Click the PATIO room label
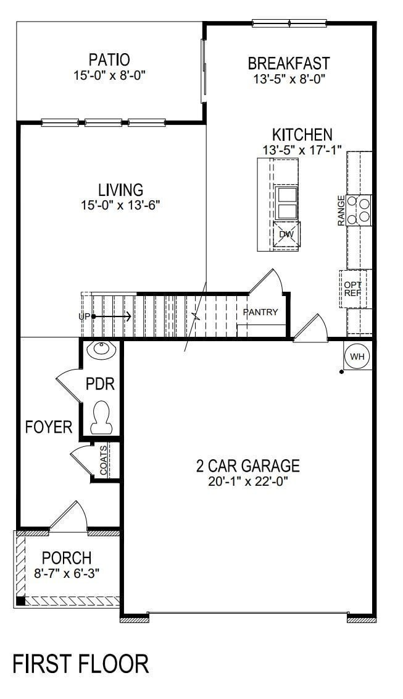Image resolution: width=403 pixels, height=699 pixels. pos(109,60)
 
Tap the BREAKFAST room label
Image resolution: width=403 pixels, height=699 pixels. pos(288,64)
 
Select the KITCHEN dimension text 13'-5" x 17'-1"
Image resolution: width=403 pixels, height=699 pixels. pos(302,150)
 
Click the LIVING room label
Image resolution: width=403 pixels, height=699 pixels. pos(120,190)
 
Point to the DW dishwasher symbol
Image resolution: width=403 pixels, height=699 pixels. pos(286,234)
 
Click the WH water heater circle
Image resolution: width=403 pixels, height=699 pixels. pos(357,357)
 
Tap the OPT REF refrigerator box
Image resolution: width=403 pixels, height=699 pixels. pos(353,289)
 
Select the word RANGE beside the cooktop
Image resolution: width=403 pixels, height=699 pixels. pos(341,210)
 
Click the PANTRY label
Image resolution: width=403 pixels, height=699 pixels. pos(260,312)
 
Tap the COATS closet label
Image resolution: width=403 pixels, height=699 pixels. pos(103,460)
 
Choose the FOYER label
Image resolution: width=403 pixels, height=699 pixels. pos(49,426)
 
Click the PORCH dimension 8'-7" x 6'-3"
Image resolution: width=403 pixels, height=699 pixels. pos(67,573)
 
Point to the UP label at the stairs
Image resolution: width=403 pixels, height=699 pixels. pos(85,316)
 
